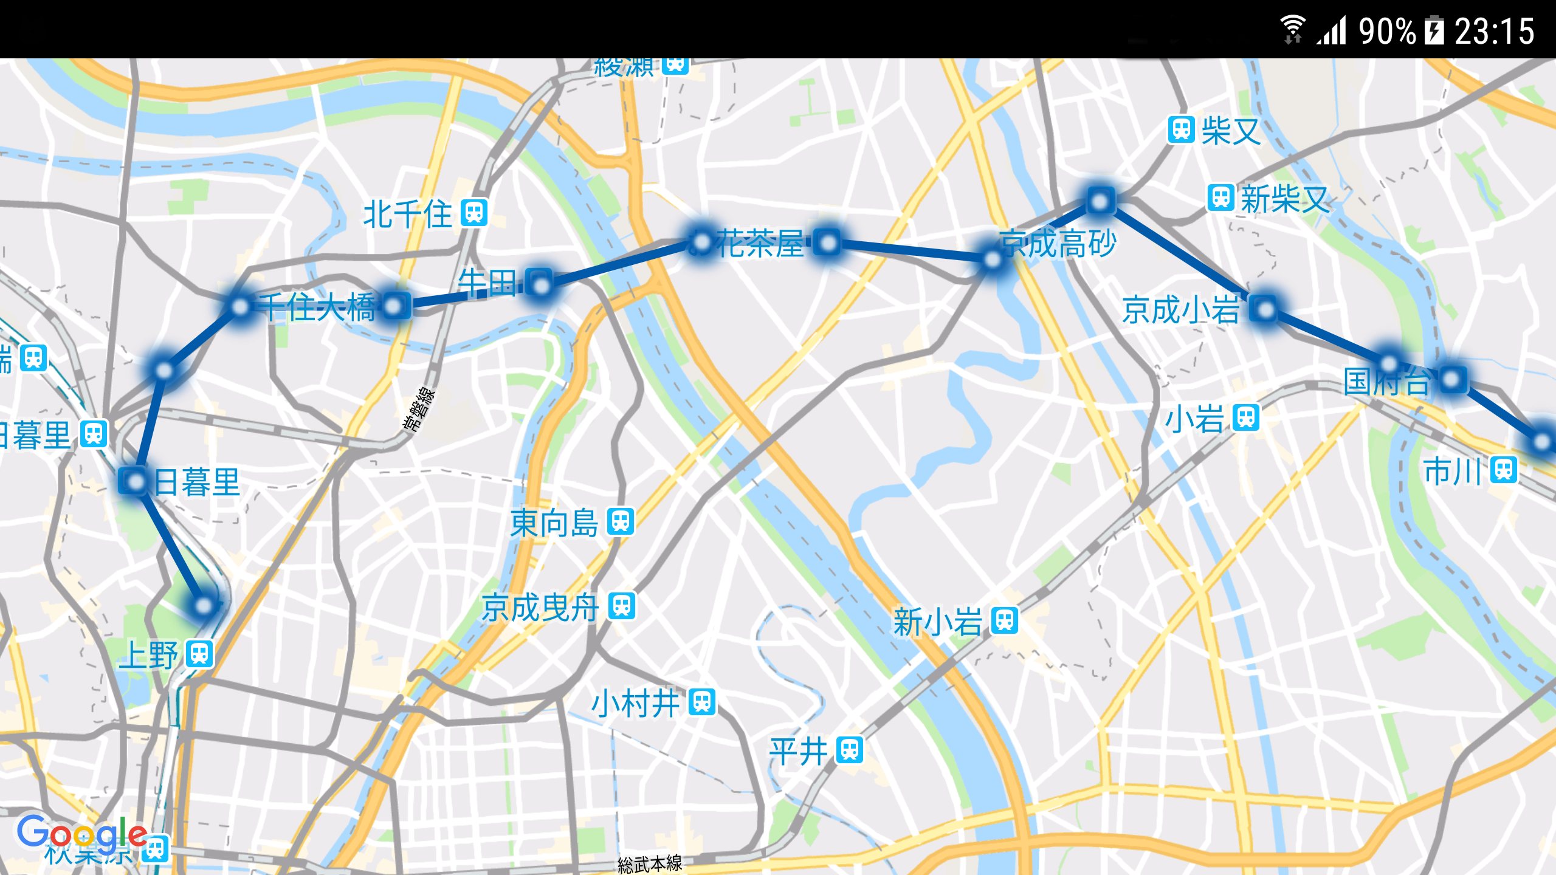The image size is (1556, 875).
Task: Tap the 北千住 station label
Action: pyautogui.click(x=407, y=214)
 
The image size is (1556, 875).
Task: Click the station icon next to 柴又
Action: pyautogui.click(x=1182, y=130)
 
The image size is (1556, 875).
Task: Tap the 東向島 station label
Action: pyautogui.click(x=554, y=523)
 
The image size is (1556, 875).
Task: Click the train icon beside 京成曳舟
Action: pyautogui.click(x=622, y=606)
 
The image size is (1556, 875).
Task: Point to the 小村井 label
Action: pyautogui.click(x=635, y=704)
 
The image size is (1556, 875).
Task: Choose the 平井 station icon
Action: pyautogui.click(x=850, y=750)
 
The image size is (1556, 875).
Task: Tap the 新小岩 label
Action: pyautogui.click(x=937, y=622)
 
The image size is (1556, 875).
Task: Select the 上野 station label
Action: pyautogui.click(x=149, y=655)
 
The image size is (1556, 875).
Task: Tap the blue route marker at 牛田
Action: pyautogui.click(x=540, y=283)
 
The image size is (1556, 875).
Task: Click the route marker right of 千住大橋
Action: pyautogui.click(x=395, y=306)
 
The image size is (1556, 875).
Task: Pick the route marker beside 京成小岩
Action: pyautogui.click(x=1265, y=310)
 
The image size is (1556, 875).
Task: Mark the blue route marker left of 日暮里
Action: pyautogui.click(x=134, y=481)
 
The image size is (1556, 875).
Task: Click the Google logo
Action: pyautogui.click(x=81, y=833)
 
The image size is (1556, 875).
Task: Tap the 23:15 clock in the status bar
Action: pyautogui.click(x=1495, y=32)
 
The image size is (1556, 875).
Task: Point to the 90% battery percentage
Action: pyautogui.click(x=1387, y=32)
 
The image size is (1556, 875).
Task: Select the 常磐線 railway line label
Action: pyautogui.click(x=419, y=409)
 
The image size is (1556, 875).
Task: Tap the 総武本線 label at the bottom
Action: pyautogui.click(x=650, y=863)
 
